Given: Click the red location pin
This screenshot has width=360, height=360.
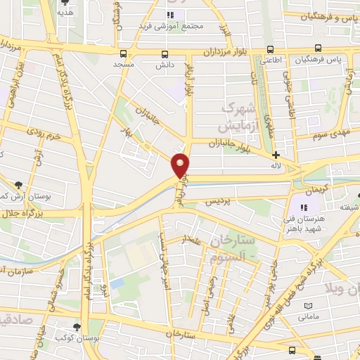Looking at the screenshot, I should point(181,165).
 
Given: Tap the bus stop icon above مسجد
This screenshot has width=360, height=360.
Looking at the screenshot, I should point(124,53).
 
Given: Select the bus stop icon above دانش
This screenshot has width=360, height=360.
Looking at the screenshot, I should point(165,54).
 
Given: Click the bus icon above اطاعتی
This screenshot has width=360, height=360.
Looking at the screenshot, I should point(271,49).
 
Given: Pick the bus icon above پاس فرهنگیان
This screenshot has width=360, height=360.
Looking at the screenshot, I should point(318,49).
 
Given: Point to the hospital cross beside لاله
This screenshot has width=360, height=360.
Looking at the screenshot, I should point(276,155).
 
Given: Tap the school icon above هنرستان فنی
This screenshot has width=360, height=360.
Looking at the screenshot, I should point(304,208).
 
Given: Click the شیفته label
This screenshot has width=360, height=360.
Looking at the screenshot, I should point(349,206).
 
